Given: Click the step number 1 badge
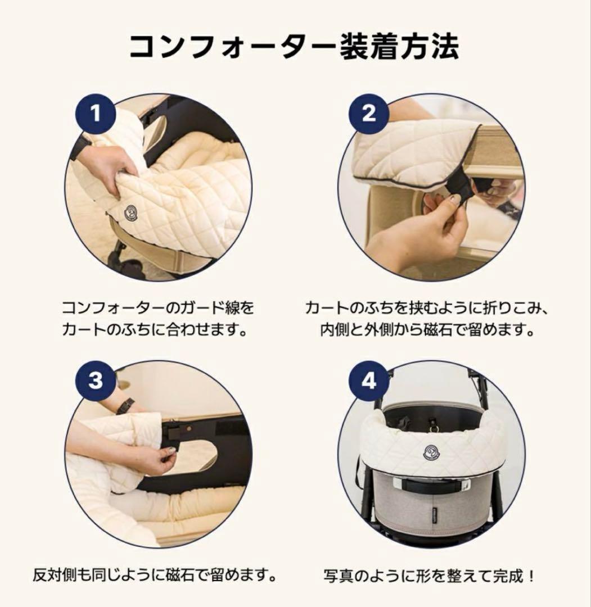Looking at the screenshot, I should pos(96,114).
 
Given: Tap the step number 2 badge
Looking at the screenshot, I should pos(368,114).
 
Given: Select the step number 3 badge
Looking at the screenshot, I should pos(96,380).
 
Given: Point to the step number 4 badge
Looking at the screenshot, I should pos(368,381).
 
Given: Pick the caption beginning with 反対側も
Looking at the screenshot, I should pos(155,576).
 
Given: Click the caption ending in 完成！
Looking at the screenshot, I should pos(430,576).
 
